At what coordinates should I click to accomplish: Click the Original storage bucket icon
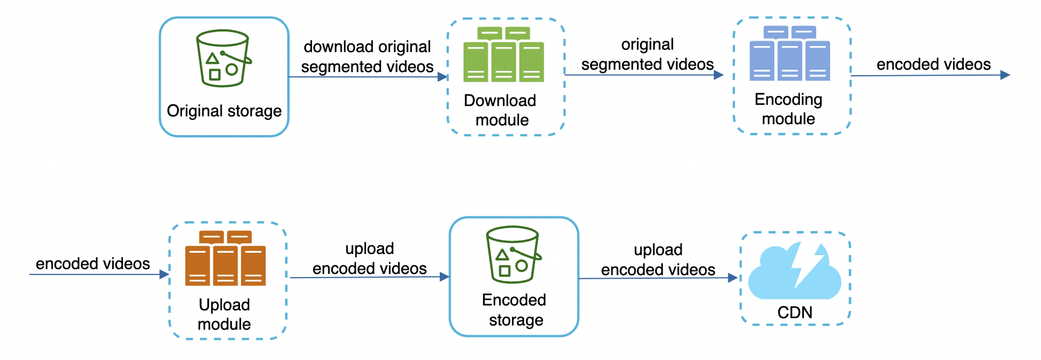[223, 58]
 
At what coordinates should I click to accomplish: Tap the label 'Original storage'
[224, 111]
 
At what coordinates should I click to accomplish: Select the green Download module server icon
[504, 55]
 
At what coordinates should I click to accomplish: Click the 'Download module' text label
[501, 110]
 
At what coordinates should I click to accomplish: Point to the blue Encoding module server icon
[790, 53]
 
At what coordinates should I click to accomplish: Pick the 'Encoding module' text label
[788, 109]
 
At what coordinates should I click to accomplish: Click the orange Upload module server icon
[225, 258]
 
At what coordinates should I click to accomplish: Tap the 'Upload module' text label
[224, 315]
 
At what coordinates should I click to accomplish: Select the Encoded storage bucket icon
[513, 255]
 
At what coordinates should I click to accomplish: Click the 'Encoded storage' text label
[514, 310]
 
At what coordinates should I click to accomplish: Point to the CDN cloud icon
[794, 272]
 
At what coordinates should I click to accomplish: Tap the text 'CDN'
[795, 313]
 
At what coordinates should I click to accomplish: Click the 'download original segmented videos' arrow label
[367, 56]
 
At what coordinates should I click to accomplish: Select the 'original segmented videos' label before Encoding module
[647, 55]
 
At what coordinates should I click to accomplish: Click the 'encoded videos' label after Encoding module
[933, 64]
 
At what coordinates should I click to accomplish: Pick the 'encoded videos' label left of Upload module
[93, 264]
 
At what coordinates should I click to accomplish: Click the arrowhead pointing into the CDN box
[733, 278]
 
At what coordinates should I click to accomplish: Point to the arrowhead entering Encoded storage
[445, 277]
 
